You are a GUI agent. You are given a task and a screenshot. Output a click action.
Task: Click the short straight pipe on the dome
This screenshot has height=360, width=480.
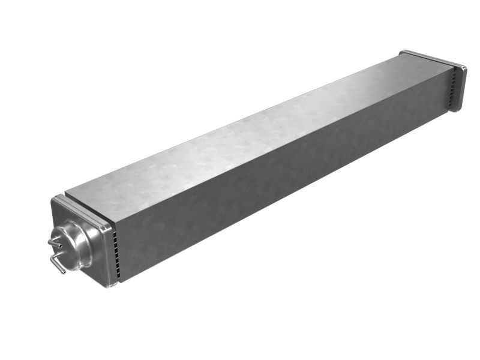point(55,243)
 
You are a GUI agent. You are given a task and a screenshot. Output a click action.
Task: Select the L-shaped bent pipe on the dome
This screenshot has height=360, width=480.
point(58,262)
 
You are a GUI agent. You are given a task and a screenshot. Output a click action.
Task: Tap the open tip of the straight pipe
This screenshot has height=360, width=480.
point(50,242)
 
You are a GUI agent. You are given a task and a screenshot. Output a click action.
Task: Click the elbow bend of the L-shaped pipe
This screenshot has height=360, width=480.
point(53,257)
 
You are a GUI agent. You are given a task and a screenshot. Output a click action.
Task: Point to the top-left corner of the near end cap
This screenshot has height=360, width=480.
point(55,199)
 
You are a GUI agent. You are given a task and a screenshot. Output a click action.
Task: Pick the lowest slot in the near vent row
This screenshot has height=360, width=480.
point(119,276)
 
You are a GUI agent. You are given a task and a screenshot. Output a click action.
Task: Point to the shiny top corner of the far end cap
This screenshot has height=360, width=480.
point(403,52)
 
